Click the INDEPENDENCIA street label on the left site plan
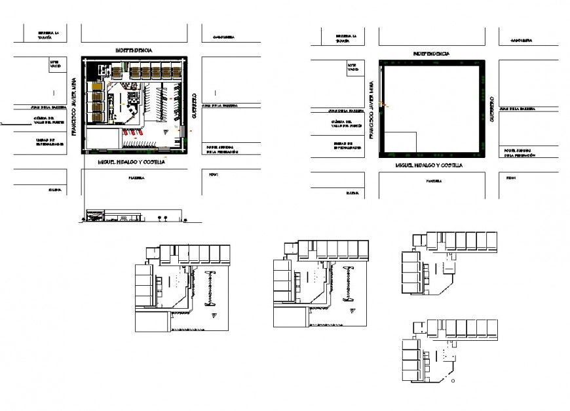[134, 50]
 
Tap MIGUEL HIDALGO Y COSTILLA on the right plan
[429, 166]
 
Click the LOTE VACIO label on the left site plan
[54, 64]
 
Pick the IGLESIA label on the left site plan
[54, 190]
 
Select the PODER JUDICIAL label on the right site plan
[519, 153]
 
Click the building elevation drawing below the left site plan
[131, 216]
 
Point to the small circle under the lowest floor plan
[454, 380]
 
